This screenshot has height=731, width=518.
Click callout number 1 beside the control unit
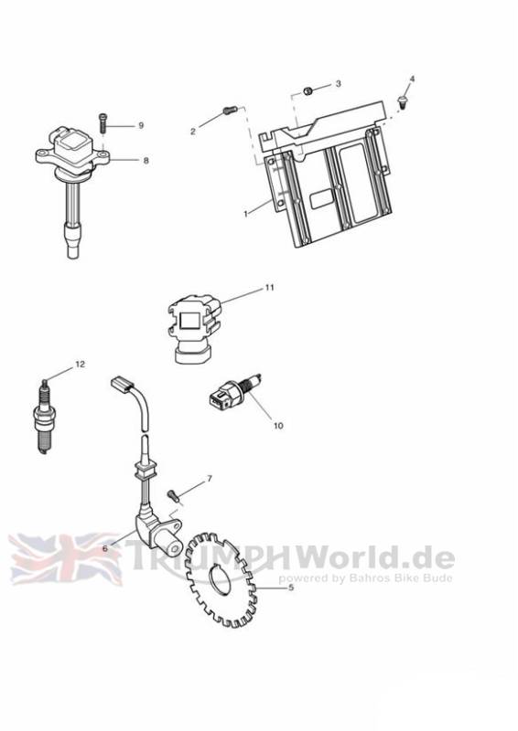point(245,214)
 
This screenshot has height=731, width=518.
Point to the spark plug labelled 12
point(44,417)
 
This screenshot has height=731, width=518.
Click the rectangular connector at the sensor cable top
point(123,385)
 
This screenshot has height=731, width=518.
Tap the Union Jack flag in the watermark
point(65,558)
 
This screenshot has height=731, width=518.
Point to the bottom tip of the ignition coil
point(73,258)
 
